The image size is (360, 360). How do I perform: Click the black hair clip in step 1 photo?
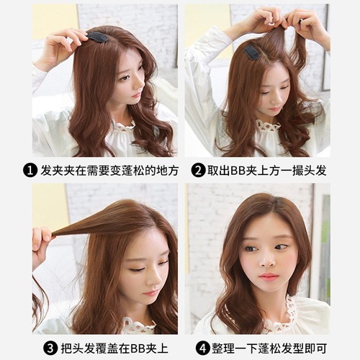pyautogui.click(x=97, y=36)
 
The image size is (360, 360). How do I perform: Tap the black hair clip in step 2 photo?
pyautogui.click(x=252, y=52)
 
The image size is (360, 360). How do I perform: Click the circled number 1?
pyautogui.click(x=30, y=171)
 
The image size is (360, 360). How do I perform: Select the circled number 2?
pyautogui.click(x=198, y=171)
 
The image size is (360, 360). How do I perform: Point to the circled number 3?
pyautogui.click(x=50, y=348)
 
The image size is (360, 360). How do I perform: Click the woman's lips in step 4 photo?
pyautogui.click(x=269, y=276)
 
